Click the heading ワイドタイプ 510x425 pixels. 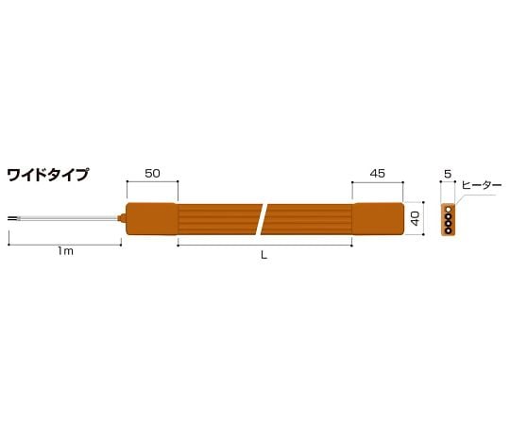coord(47,175)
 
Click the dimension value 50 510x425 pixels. coord(152,174)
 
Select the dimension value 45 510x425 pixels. coord(377,174)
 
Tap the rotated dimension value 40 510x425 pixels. coord(416,218)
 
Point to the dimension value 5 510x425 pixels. coord(448,175)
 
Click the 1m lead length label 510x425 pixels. coord(65,251)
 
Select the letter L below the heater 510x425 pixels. coord(264,255)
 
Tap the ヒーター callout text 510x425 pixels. coord(482,185)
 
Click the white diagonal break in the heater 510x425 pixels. coord(262,219)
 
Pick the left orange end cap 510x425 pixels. coord(152,218)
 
